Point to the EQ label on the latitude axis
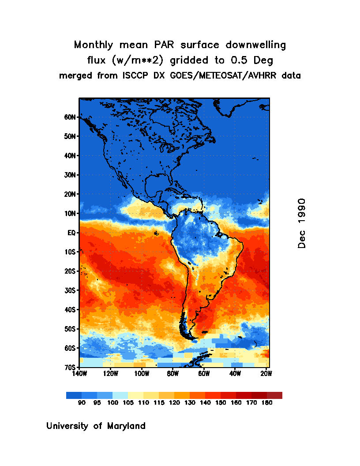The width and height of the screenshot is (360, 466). [72, 233]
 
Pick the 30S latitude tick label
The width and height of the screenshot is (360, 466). [71, 290]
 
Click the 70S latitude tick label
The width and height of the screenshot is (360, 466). [71, 367]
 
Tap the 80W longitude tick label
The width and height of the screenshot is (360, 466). [172, 374]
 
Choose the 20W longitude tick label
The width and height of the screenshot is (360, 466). [266, 374]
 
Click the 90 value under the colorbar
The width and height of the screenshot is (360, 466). [82, 403]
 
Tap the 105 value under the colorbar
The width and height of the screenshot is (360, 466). [128, 403]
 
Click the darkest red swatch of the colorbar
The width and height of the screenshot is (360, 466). [274, 395]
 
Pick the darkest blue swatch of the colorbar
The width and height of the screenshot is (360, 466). [74, 395]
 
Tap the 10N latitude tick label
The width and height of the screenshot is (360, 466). [71, 214]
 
